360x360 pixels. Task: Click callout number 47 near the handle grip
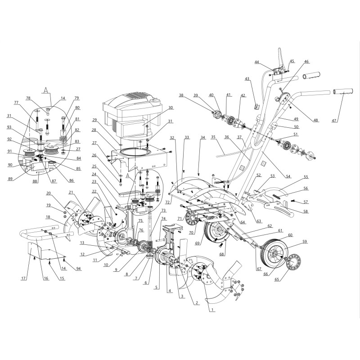pyautogui.click(x=335, y=120)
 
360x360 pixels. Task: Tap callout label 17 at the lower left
pyautogui.click(x=24, y=279)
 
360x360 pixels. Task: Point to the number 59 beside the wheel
pyautogui.click(x=305, y=242)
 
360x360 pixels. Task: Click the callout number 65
pyautogui.click(x=277, y=279)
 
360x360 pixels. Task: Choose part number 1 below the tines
pyautogui.click(x=212, y=310)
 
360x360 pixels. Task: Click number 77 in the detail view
pyautogui.click(x=16, y=103)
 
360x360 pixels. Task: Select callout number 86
pyautogui.click(x=72, y=180)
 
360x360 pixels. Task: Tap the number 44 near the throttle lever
pyautogui.click(x=256, y=62)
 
